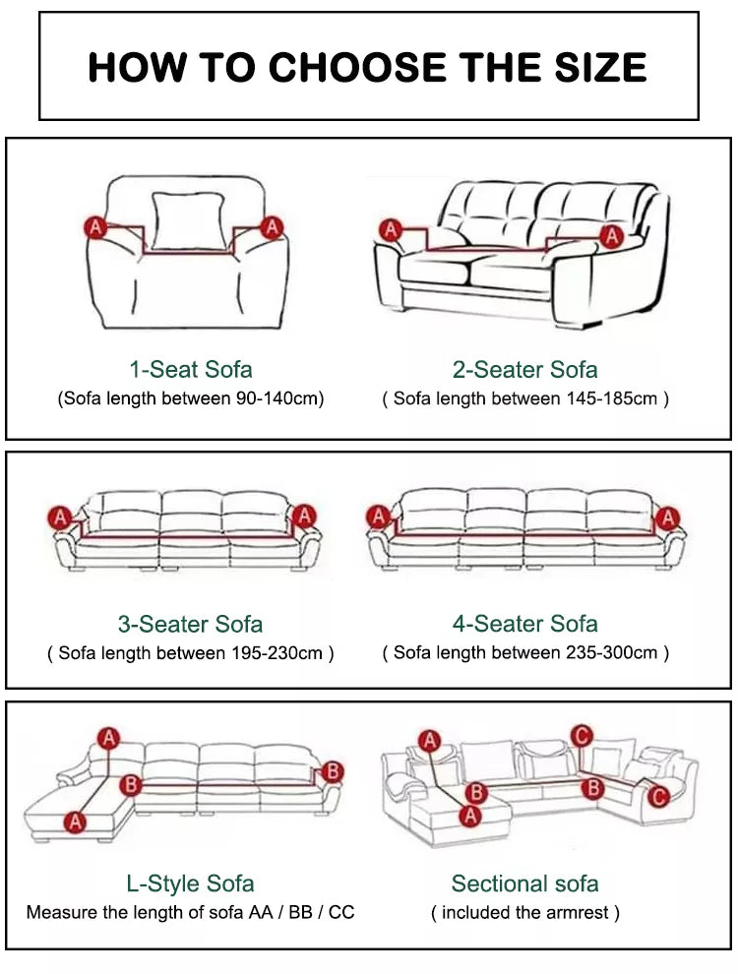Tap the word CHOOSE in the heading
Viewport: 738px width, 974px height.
(358, 67)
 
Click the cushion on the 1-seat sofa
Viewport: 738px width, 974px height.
(188, 221)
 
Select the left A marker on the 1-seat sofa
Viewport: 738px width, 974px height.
(95, 228)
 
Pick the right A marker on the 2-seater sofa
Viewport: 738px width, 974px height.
(612, 235)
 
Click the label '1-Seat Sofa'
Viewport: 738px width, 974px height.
(191, 370)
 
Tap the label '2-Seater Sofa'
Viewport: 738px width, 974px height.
(524, 370)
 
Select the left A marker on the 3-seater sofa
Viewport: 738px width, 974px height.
(60, 517)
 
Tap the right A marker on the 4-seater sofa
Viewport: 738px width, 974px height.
(668, 517)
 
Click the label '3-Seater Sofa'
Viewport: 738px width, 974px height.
(190, 625)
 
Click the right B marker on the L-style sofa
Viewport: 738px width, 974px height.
(333, 771)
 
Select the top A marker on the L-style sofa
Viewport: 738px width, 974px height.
(108, 739)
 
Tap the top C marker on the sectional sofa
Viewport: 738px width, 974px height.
(582, 736)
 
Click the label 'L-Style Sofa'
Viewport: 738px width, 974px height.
(190, 883)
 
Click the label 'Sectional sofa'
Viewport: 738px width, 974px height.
(524, 883)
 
